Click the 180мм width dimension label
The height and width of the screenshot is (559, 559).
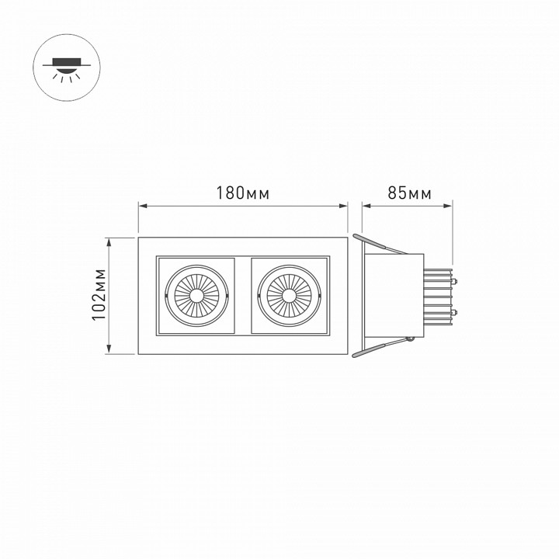click(243, 193)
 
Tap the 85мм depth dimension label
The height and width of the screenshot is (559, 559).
click(409, 193)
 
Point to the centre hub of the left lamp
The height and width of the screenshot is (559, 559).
click(197, 295)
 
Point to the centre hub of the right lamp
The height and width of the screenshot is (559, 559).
click(289, 295)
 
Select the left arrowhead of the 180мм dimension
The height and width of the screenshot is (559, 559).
click(142, 206)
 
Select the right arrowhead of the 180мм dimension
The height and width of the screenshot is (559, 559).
click(344, 206)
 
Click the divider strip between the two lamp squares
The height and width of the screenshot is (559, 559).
click(243, 295)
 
